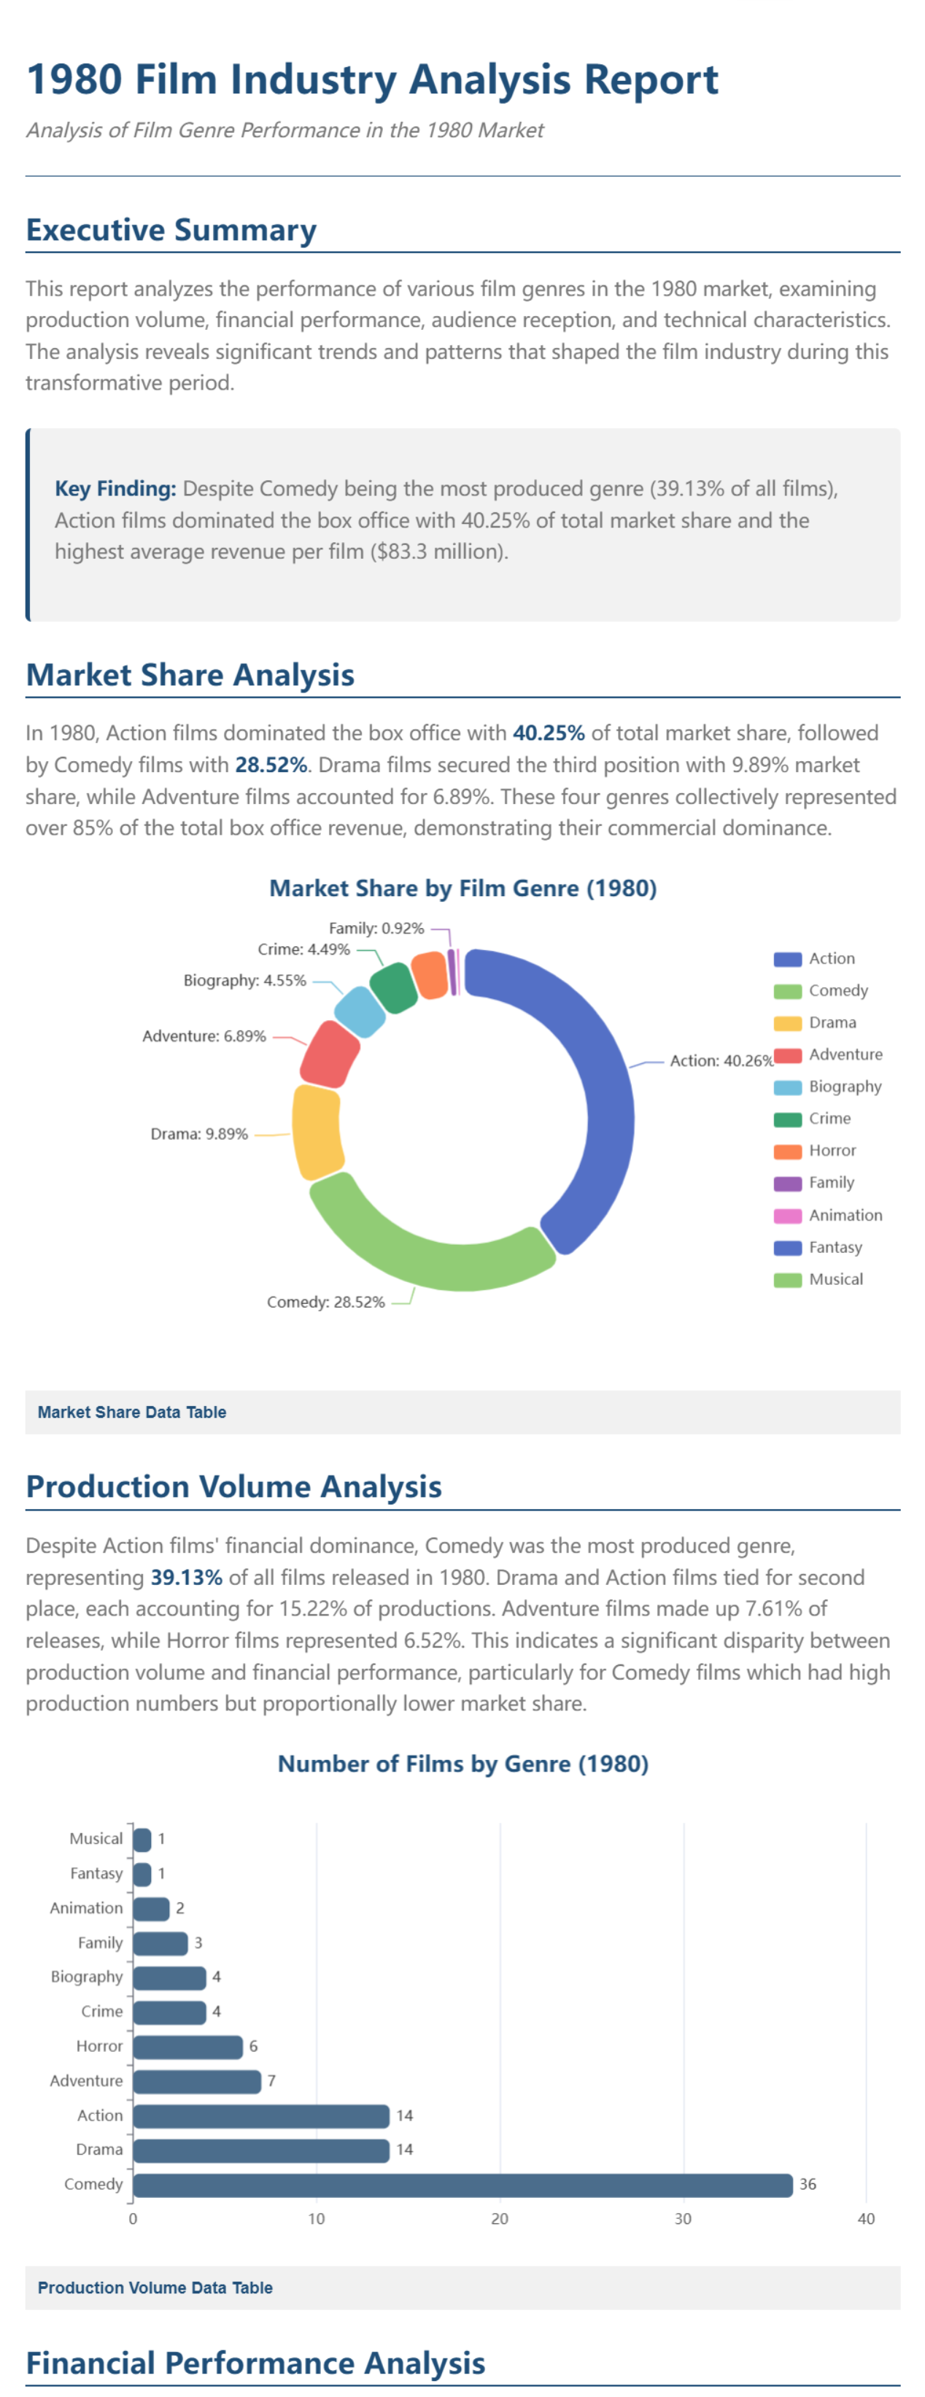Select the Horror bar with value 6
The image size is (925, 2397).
[187, 2046]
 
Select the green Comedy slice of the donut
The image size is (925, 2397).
[428, 1247]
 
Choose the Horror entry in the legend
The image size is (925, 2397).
[831, 1151]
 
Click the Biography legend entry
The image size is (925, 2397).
[844, 1086]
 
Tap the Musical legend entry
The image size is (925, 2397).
[835, 1279]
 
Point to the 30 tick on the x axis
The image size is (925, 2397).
[683, 2219]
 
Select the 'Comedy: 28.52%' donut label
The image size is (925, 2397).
[325, 1302]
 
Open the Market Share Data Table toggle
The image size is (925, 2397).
[132, 1413]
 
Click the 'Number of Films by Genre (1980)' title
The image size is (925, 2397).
[462, 1764]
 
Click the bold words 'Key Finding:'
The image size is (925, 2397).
[115, 488]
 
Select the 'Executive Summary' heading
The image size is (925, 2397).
[171, 230]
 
